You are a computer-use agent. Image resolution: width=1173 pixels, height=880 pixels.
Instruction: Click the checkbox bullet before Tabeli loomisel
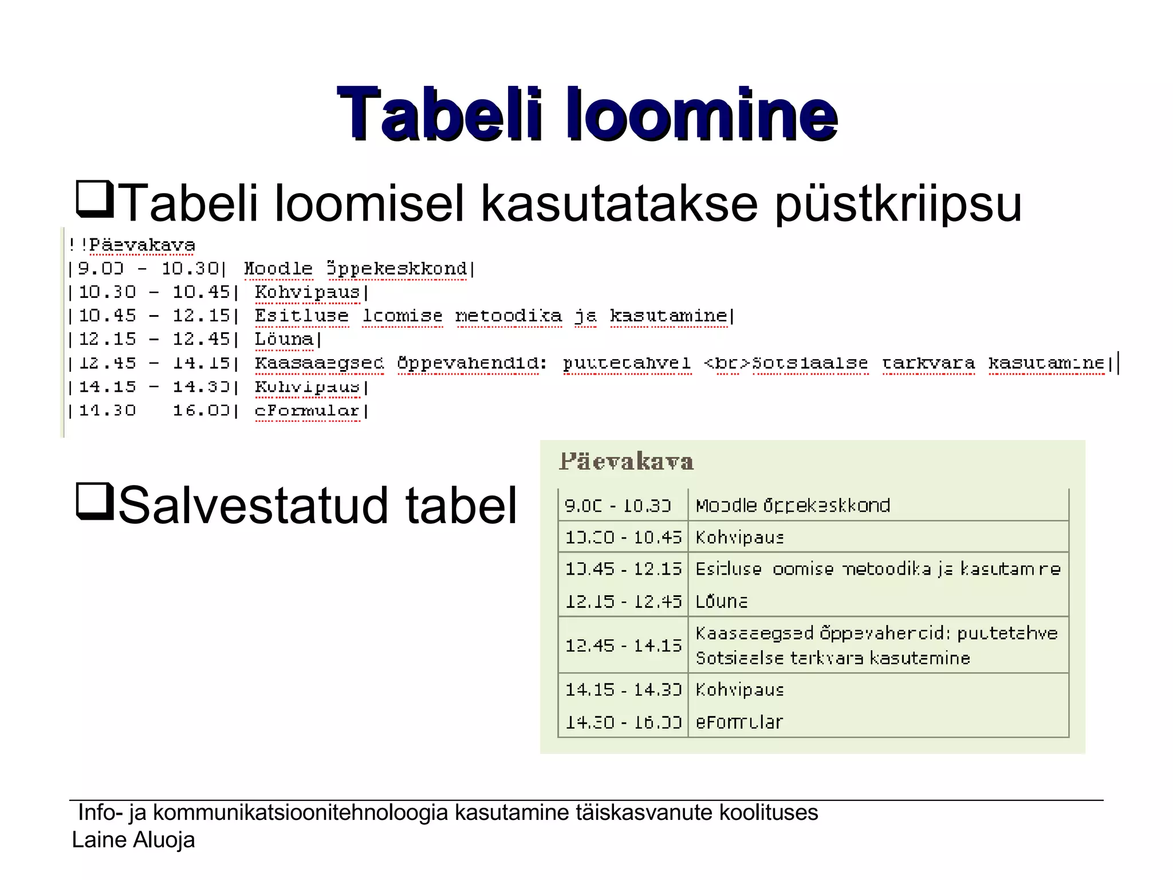tap(95, 198)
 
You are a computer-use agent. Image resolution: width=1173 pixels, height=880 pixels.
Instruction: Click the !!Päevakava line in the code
tap(132, 245)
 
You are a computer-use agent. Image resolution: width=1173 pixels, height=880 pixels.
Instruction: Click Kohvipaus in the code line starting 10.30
tap(307, 292)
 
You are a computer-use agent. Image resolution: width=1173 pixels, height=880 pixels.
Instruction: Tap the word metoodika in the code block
tap(508, 316)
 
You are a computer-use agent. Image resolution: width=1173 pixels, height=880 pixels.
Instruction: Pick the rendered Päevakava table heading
tap(626, 462)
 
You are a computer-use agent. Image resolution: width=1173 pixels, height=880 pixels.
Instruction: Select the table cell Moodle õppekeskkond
tap(793, 505)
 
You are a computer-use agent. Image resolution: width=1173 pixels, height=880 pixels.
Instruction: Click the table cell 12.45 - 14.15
tap(623, 646)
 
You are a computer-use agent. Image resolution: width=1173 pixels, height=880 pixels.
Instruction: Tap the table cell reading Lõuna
tap(721, 602)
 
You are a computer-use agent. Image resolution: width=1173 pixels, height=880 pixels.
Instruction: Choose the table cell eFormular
tap(739, 722)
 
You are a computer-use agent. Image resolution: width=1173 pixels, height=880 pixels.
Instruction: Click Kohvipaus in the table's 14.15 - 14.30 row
tap(739, 689)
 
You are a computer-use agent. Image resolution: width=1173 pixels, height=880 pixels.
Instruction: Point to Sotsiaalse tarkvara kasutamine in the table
tap(833, 658)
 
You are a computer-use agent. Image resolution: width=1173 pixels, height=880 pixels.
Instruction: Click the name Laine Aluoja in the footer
tap(133, 840)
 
